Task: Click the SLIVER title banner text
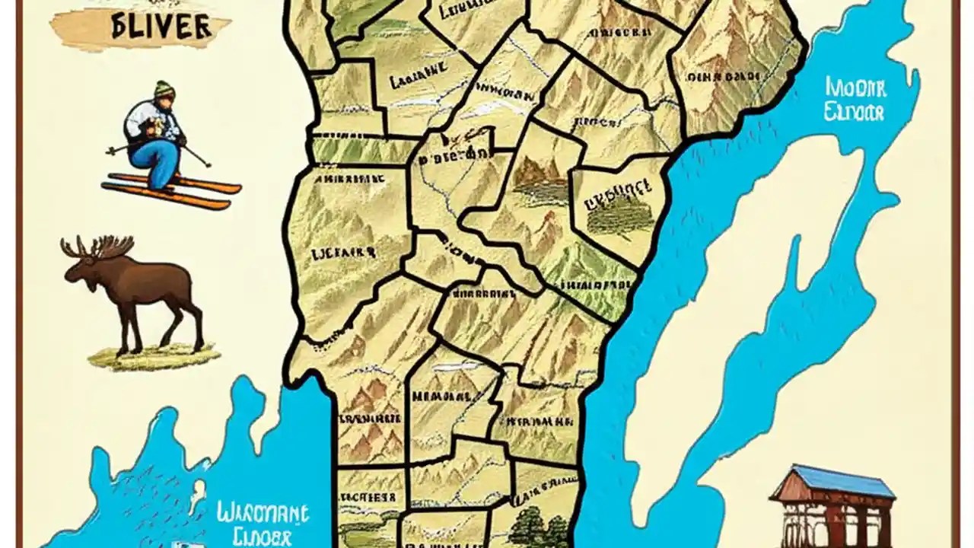click(x=160, y=26)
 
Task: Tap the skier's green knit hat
click(x=164, y=90)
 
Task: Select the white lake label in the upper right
click(x=855, y=100)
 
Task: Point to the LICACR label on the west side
click(x=343, y=251)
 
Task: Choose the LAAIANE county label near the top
click(x=417, y=75)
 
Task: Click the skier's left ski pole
click(x=196, y=156)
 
